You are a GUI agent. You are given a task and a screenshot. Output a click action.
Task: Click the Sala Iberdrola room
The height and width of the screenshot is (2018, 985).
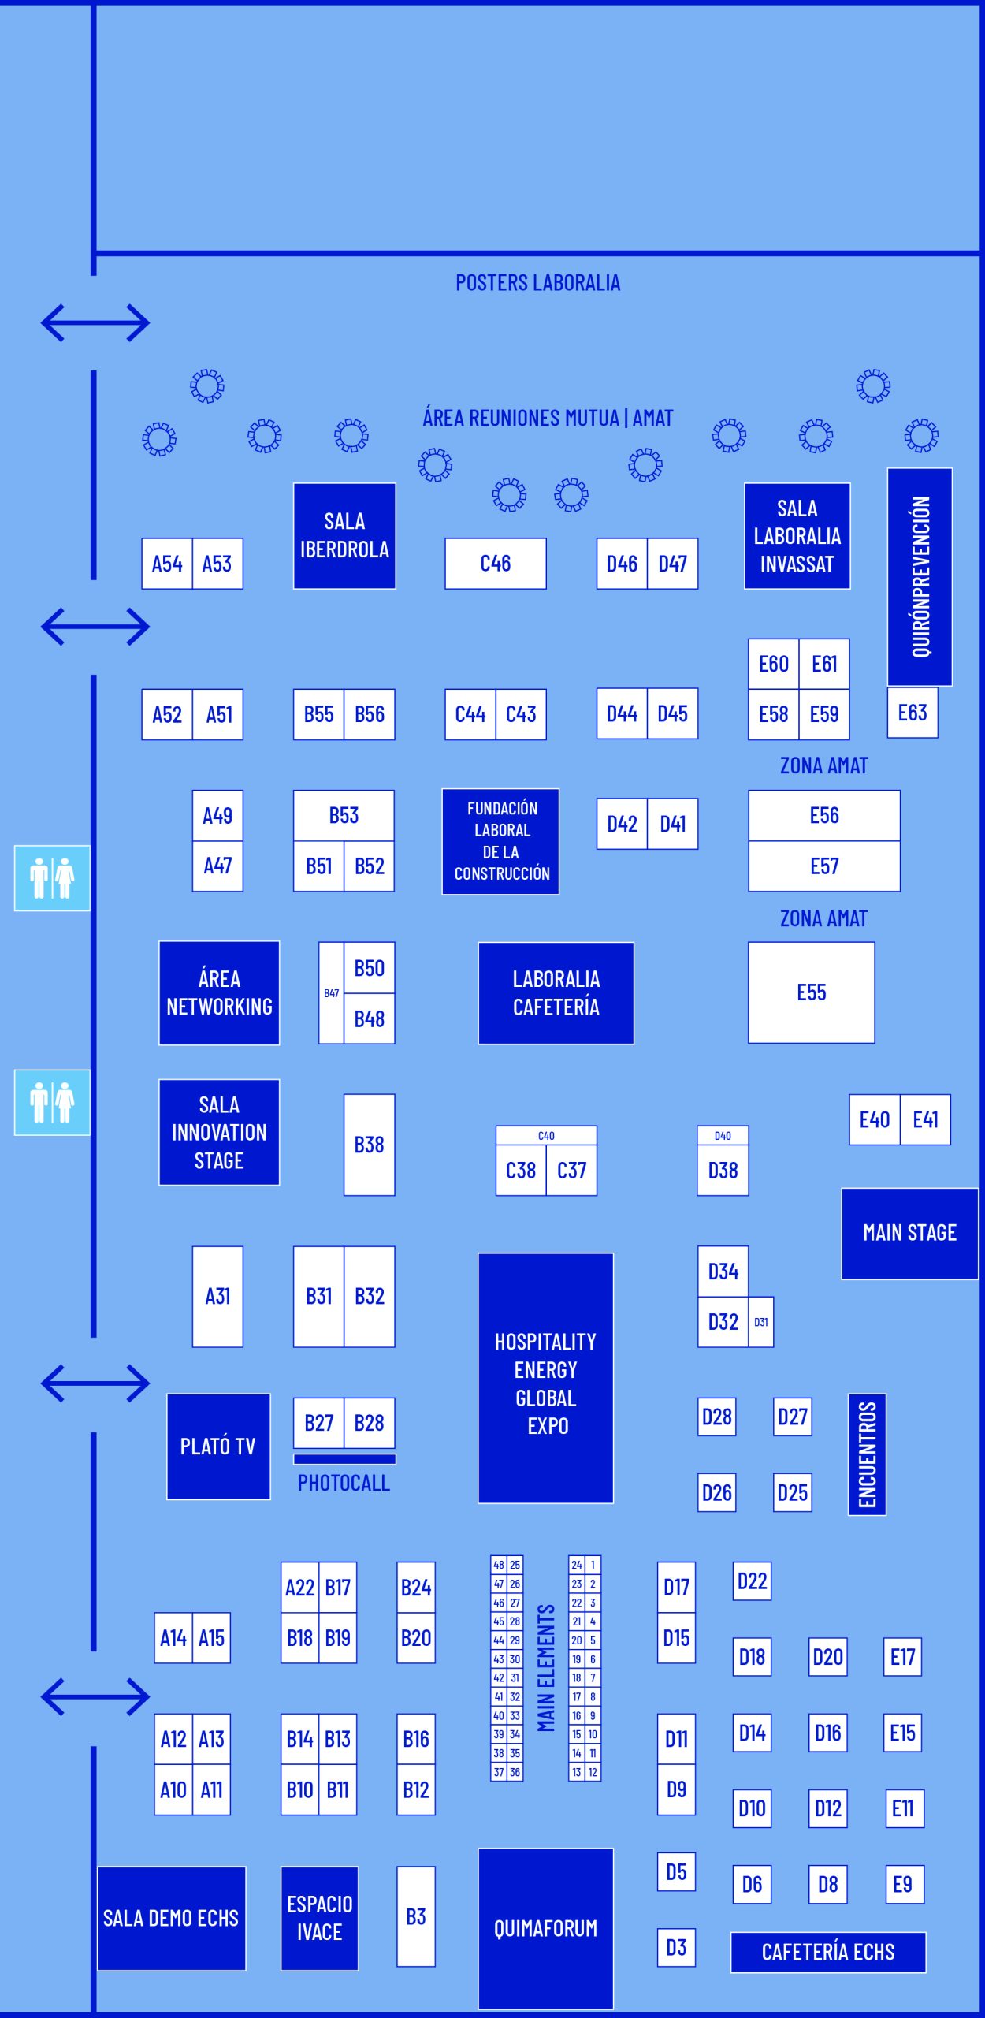pyautogui.click(x=344, y=535)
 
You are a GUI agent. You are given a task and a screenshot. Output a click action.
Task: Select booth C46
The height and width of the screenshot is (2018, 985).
pyautogui.click(x=495, y=563)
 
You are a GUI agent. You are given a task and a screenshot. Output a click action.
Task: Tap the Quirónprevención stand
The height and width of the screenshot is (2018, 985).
pyautogui.click(x=920, y=576)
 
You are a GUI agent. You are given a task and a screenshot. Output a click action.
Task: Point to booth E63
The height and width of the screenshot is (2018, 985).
pyautogui.click(x=913, y=713)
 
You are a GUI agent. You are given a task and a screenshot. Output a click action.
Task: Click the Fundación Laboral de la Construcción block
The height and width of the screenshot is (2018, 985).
pyautogui.click(x=501, y=841)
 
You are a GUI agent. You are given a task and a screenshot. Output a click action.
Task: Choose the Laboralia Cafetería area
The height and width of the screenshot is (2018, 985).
pyautogui.click(x=556, y=992)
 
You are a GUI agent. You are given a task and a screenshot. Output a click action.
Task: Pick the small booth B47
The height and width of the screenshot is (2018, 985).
pyautogui.click(x=331, y=993)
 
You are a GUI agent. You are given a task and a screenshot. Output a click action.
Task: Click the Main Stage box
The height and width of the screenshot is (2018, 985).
pyautogui.click(x=909, y=1233)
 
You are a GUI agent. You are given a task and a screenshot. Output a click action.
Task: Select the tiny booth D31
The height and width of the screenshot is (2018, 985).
pyautogui.click(x=761, y=1322)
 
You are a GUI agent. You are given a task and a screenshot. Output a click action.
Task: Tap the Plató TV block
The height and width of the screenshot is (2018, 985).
pyautogui.click(x=218, y=1446)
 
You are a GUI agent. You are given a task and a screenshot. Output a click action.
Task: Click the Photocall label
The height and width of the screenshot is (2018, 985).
pyautogui.click(x=344, y=1483)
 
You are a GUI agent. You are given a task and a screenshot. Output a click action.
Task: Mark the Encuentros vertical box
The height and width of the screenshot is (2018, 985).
pyautogui.click(x=867, y=1454)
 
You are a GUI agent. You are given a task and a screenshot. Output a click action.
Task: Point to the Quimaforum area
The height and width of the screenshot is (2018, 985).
pyautogui.click(x=545, y=1928)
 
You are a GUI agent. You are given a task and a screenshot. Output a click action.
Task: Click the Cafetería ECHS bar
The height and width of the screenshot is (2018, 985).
pyautogui.click(x=828, y=1952)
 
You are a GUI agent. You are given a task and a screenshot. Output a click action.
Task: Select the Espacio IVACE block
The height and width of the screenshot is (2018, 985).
pyautogui.click(x=319, y=1918)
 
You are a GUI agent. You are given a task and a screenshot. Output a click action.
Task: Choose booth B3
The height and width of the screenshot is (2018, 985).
pyautogui.click(x=416, y=1916)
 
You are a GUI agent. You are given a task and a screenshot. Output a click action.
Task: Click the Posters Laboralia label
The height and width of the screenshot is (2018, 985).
pyautogui.click(x=537, y=282)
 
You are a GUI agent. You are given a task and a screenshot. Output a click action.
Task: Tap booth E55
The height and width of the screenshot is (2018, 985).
pyautogui.click(x=811, y=992)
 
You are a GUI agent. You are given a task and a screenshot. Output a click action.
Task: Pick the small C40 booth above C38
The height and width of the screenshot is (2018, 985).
pyautogui.click(x=546, y=1135)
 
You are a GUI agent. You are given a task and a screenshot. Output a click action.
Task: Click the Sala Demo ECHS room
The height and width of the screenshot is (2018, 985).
pyautogui.click(x=171, y=1918)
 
